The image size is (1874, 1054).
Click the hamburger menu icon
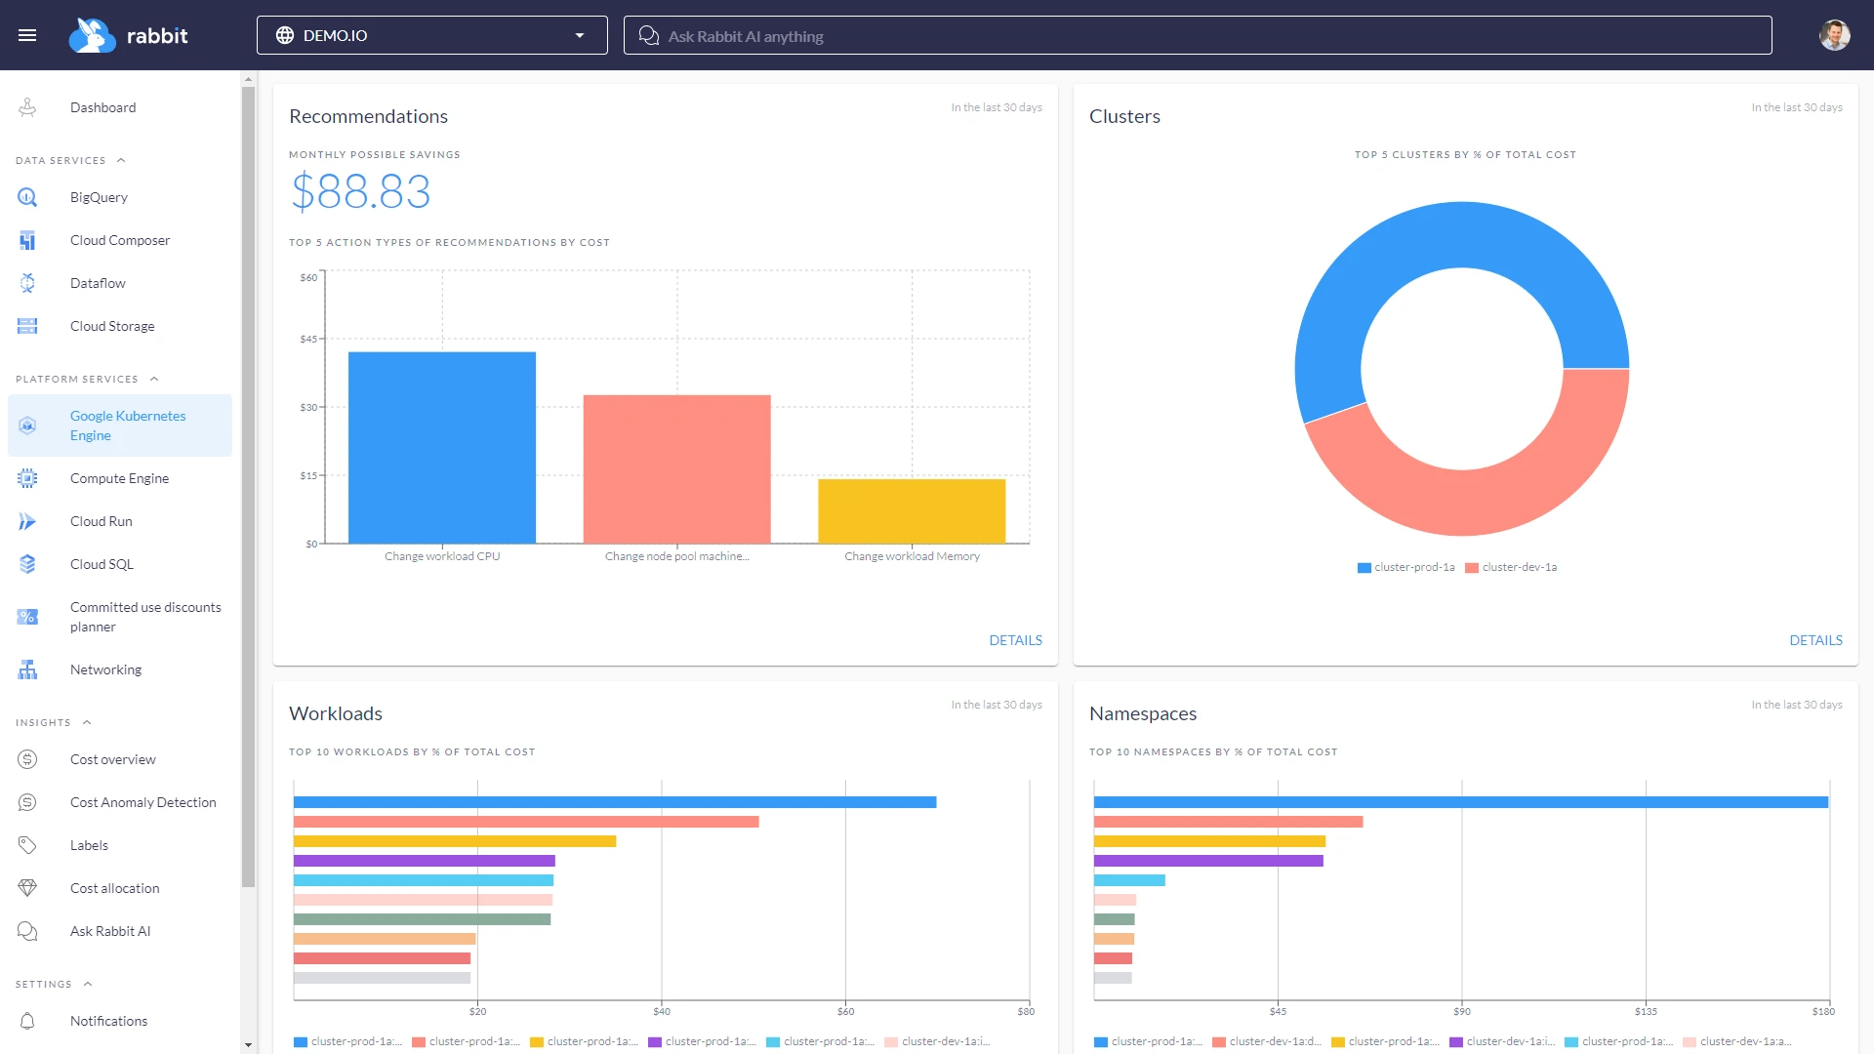(x=27, y=35)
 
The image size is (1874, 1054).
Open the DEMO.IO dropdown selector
(x=431, y=35)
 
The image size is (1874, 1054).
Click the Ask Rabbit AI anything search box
(x=1197, y=36)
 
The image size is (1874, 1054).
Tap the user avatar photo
(x=1834, y=35)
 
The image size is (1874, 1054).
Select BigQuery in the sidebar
(x=99, y=197)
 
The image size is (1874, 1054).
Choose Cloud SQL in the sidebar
(x=102, y=564)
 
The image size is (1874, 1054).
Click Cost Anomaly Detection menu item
(x=143, y=802)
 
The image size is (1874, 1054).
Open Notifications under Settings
(x=108, y=1021)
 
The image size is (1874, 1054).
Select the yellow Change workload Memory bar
(x=912, y=510)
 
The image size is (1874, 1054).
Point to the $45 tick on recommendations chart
(x=308, y=340)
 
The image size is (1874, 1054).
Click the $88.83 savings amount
(x=360, y=191)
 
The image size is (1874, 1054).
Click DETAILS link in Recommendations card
(x=1015, y=640)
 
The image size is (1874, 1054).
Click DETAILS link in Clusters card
(x=1815, y=640)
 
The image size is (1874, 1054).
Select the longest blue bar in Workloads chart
(x=615, y=802)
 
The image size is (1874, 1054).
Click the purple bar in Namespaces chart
(x=1208, y=861)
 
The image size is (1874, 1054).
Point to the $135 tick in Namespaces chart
(x=1646, y=1011)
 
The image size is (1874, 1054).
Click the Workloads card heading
(x=336, y=713)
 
